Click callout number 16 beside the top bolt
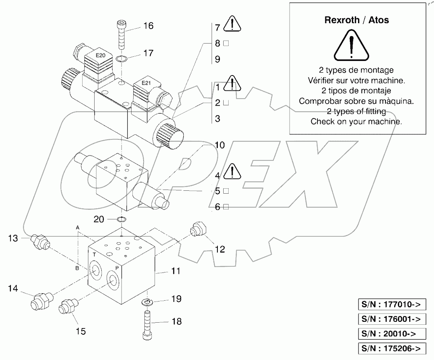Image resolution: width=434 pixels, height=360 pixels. tap(148, 26)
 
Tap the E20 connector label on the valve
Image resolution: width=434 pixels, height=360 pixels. tap(100, 55)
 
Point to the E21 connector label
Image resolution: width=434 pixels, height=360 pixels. tap(146, 83)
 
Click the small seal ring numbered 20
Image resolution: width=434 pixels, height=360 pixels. tap(121, 219)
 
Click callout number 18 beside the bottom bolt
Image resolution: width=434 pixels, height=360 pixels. tap(176, 321)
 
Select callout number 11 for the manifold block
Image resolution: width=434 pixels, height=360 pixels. tap(176, 271)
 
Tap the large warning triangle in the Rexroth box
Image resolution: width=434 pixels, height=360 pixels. tap(351, 46)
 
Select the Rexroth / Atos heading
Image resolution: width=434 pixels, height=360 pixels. tap(356, 20)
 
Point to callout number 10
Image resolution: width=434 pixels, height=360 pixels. tap(219, 145)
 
